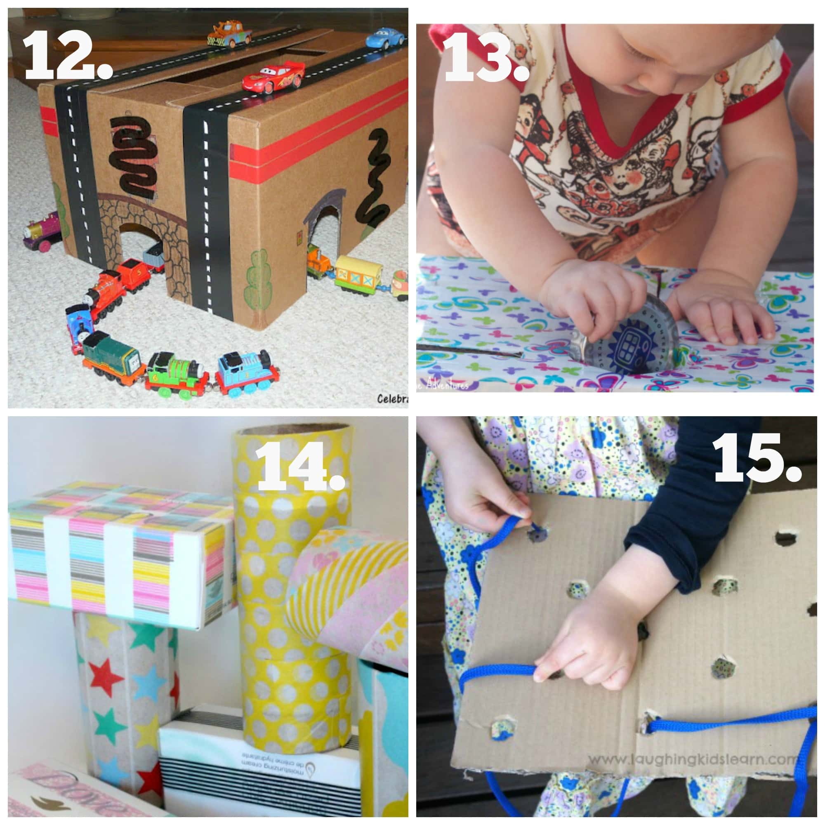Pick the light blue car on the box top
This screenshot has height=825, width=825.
[x=385, y=38]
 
